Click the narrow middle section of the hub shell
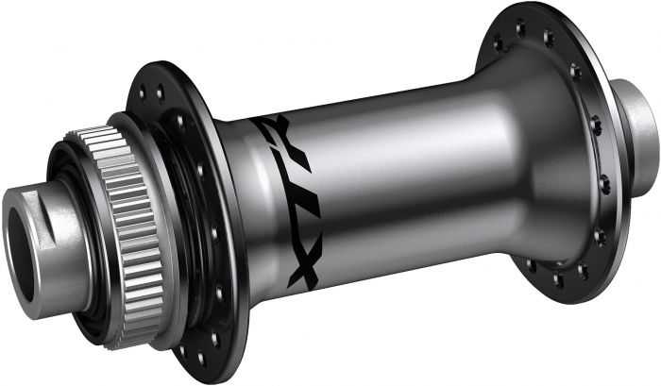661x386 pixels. [x=406, y=179]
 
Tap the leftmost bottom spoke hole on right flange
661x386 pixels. [x=531, y=265]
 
